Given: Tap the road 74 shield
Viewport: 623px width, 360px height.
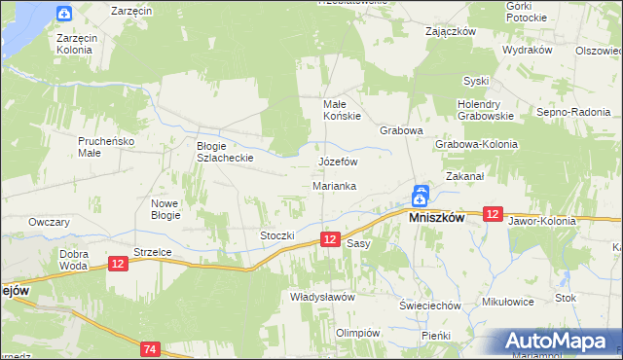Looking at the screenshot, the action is tap(149, 348).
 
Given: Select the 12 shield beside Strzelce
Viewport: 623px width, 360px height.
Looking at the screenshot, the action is tap(118, 264).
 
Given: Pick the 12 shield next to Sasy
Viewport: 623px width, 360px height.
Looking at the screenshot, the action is tap(331, 239).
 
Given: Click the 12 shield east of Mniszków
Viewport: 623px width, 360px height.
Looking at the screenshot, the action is tap(493, 214).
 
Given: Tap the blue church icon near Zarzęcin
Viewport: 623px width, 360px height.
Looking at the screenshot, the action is tap(64, 14).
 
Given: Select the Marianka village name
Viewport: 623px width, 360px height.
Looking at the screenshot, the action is tap(334, 185).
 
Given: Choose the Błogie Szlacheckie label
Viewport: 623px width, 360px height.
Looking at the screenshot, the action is tap(225, 151).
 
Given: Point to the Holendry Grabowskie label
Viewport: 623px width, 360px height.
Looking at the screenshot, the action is tap(488, 110).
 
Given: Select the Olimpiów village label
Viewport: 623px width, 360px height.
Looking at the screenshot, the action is tap(356, 333).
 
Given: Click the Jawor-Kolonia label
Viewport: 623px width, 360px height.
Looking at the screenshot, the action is tap(542, 221).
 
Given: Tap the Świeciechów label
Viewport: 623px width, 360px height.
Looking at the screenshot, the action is tap(429, 305).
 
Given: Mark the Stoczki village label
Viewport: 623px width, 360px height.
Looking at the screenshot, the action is tap(276, 235).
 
